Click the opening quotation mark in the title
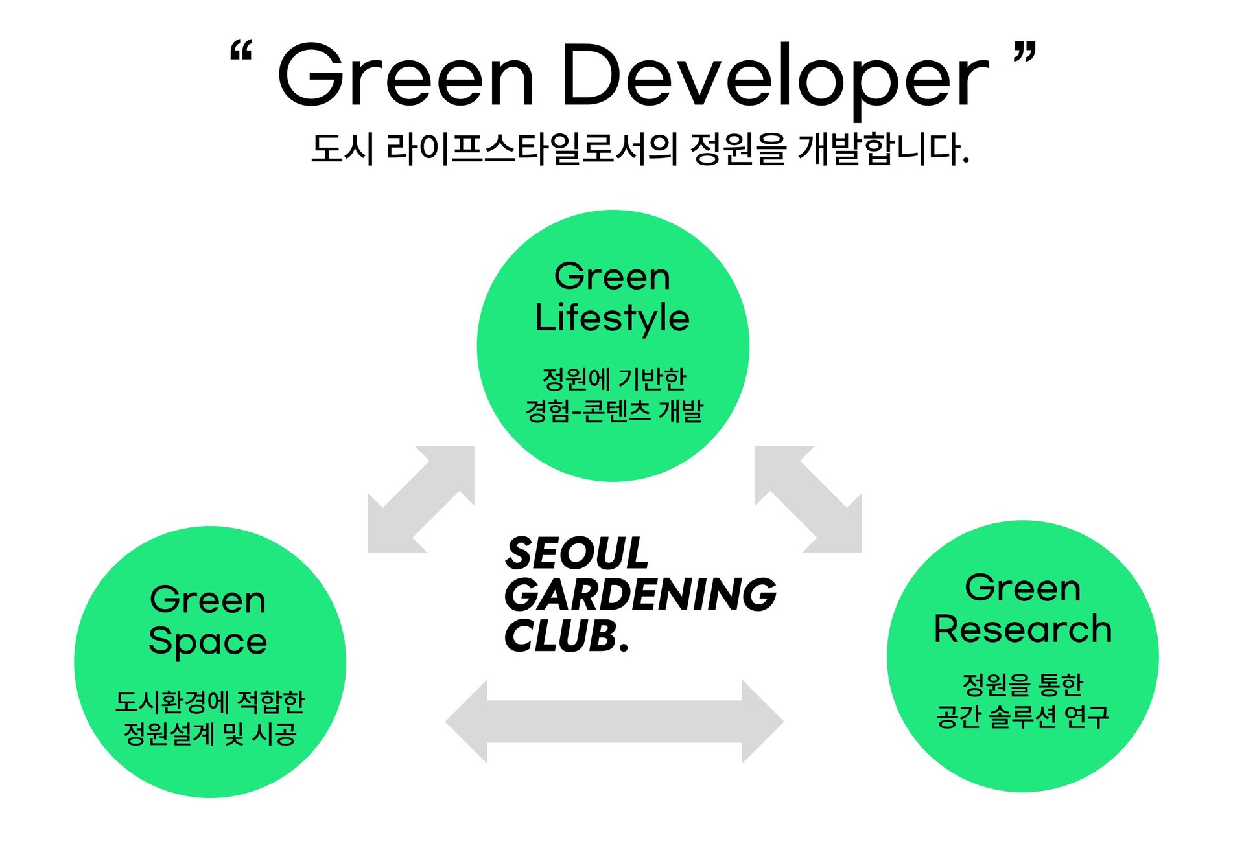(242, 51)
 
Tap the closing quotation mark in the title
(1026, 51)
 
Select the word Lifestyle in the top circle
(612, 319)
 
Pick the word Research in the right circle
(1023, 629)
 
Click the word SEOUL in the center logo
(577, 554)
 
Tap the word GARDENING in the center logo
(640, 595)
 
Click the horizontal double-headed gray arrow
(615, 721)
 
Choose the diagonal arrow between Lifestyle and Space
(421, 499)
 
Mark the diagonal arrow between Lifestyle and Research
(808, 499)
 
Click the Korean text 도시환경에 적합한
(210, 702)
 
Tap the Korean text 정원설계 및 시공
(210, 734)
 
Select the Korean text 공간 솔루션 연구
(1023, 716)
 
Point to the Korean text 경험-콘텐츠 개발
(614, 411)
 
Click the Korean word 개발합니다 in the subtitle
(883, 149)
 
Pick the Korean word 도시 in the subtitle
(343, 149)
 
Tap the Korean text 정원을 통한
(1023, 684)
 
